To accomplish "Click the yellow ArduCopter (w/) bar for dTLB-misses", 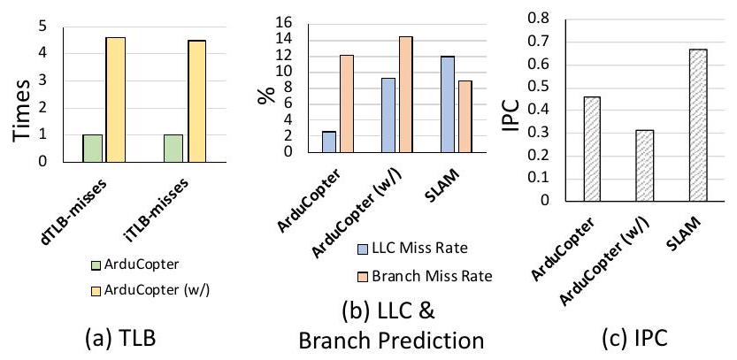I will tap(115, 99).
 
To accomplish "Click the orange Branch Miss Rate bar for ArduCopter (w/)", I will tap(406, 94).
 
